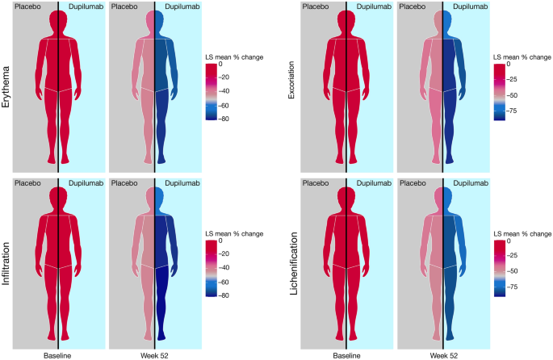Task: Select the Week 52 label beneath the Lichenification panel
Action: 443,354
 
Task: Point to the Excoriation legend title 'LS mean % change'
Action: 522,57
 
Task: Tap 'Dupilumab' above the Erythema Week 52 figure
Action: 186,6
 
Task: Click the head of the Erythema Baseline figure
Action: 58,21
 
